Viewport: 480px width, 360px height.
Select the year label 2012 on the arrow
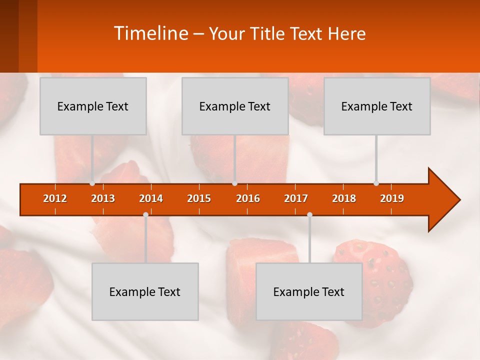[55, 198]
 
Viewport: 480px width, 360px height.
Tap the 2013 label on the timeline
[103, 198]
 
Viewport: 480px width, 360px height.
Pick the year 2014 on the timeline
[151, 198]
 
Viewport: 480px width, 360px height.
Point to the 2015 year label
[199, 198]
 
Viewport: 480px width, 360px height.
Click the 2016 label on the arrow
[248, 198]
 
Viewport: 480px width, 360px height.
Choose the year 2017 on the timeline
[296, 198]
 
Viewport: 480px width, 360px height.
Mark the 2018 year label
[344, 198]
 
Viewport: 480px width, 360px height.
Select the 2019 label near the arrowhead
[392, 198]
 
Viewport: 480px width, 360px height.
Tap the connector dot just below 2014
[145, 215]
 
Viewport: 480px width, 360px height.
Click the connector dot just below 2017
[309, 215]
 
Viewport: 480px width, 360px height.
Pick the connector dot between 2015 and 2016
[234, 183]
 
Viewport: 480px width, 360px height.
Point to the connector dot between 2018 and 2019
[376, 183]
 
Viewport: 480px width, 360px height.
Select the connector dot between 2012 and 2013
[92, 183]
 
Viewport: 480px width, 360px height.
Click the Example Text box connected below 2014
[145, 291]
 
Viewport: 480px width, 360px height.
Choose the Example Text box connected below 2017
[309, 291]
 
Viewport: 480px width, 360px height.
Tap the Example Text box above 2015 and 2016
[235, 106]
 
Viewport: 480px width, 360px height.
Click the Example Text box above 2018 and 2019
[377, 106]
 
